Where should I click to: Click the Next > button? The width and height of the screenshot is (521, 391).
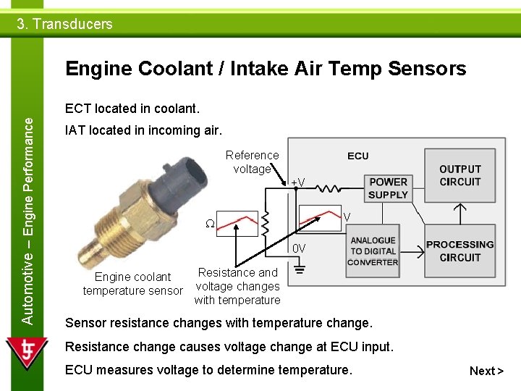click(486, 371)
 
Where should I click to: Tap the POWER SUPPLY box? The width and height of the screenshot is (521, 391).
click(388, 188)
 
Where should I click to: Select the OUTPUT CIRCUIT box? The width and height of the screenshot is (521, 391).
click(459, 176)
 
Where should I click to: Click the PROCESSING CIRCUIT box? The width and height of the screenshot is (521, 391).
click(459, 251)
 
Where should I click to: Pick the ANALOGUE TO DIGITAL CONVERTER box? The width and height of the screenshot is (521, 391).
click(373, 251)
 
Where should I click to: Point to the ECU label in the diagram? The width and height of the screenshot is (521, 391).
click(357, 156)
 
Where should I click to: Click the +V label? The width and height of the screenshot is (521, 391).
click(297, 182)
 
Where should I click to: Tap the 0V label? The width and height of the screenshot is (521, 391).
click(299, 249)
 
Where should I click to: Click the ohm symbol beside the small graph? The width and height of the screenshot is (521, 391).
click(210, 223)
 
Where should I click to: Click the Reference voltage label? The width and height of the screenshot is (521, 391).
click(252, 161)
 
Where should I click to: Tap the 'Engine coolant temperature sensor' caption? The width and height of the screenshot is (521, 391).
click(132, 284)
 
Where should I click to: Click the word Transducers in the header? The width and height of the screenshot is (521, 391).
click(72, 24)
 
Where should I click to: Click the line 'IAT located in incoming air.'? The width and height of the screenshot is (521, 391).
click(144, 130)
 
